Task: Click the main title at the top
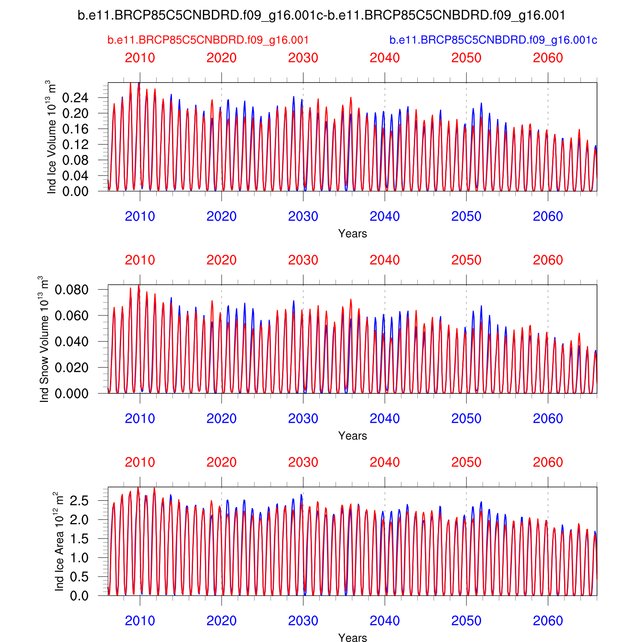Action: tap(321, 16)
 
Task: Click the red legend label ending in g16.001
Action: tap(208, 40)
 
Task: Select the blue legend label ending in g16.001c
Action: tap(493, 40)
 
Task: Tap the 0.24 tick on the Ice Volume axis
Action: tap(75, 98)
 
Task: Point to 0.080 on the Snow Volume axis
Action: tap(71, 290)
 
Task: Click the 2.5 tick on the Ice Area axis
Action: tap(80, 500)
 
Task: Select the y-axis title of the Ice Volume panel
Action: tap(52, 137)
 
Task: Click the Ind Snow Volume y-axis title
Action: tap(44, 339)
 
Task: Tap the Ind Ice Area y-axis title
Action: tap(59, 541)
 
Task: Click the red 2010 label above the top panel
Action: tap(140, 58)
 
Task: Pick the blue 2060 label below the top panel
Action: tap(548, 217)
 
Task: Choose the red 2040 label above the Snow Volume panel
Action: tap(385, 260)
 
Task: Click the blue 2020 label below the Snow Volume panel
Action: tap(221, 419)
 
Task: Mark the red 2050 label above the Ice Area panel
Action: tap(466, 463)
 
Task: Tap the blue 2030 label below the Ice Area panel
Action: tap(303, 621)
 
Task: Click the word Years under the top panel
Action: tap(352, 234)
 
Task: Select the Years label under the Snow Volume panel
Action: tap(352, 436)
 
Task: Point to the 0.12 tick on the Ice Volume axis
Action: tap(75, 145)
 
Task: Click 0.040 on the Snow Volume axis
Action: tap(71, 342)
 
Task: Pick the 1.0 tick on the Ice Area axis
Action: tap(80, 558)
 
